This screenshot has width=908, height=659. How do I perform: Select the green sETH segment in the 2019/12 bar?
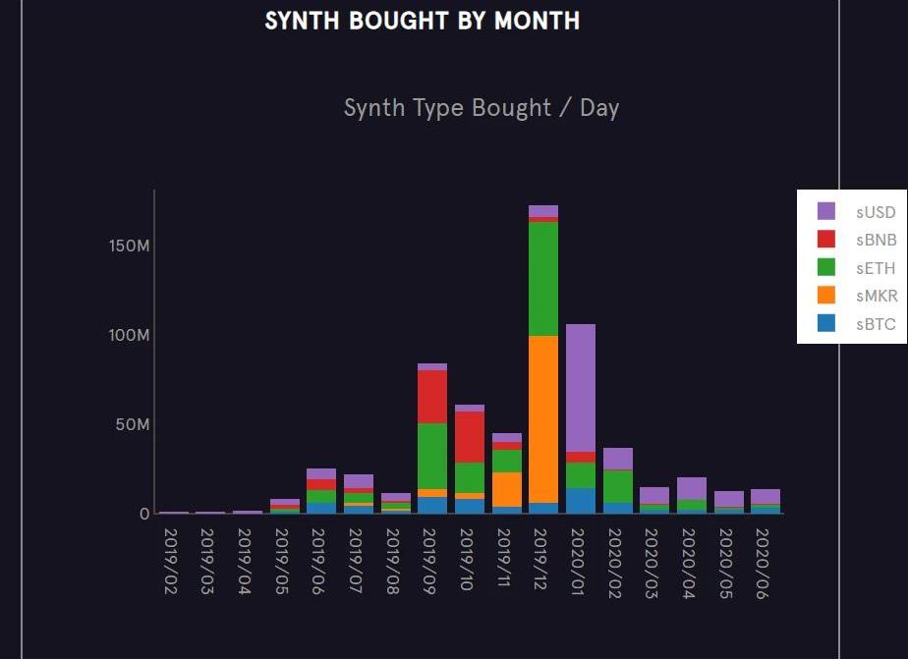pyautogui.click(x=542, y=279)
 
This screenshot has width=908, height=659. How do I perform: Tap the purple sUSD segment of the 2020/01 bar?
pyautogui.click(x=580, y=388)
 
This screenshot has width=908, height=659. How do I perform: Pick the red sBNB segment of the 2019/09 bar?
pyautogui.click(x=432, y=397)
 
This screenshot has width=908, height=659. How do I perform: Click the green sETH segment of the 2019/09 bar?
pyautogui.click(x=432, y=456)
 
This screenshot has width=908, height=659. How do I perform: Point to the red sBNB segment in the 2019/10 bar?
pyautogui.click(x=469, y=437)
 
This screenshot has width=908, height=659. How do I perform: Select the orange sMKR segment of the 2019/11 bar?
pyautogui.click(x=506, y=489)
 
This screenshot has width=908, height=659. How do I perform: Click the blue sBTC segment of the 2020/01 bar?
pyautogui.click(x=580, y=501)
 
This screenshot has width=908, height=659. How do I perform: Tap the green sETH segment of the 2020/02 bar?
pyautogui.click(x=617, y=486)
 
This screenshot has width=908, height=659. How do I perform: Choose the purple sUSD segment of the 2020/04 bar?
pyautogui.click(x=691, y=488)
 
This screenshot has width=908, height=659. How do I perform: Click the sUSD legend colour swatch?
pyautogui.click(x=826, y=211)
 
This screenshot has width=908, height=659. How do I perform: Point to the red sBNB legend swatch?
pyautogui.click(x=826, y=239)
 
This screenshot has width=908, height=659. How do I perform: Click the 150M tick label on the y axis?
pyautogui.click(x=130, y=246)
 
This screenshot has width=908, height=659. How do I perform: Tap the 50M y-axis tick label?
pyautogui.click(x=133, y=425)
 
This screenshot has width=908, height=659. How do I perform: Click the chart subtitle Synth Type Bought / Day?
pyautogui.click(x=481, y=108)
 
